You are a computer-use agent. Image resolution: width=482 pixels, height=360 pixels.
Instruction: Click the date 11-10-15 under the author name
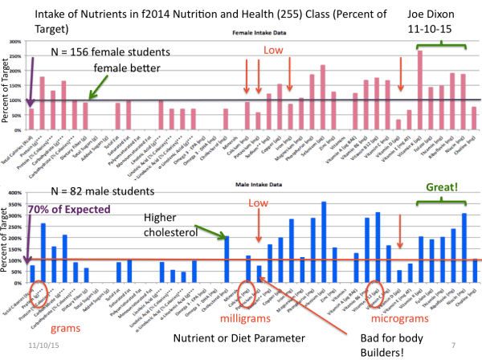click(431, 26)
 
